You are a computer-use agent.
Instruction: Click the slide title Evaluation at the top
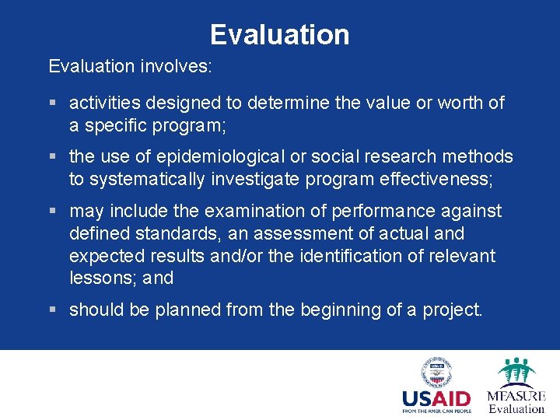[x=279, y=35]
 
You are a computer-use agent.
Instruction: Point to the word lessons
[x=100, y=278]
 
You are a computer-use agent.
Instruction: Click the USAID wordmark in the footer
[x=436, y=399]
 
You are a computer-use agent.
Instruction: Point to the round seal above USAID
[x=436, y=373]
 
